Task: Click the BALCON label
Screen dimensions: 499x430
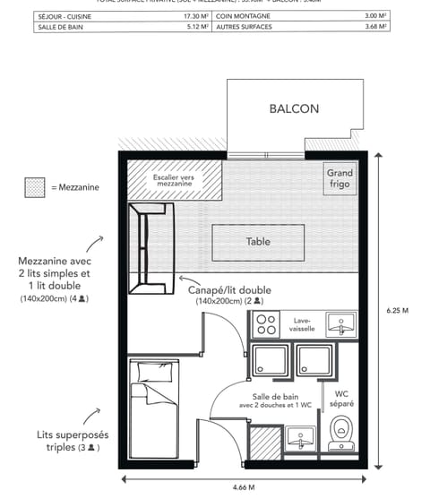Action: pyautogui.click(x=294, y=109)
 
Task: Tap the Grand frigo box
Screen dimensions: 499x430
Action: pyautogui.click(x=340, y=178)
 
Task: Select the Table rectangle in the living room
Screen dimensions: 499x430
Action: pyautogui.click(x=258, y=241)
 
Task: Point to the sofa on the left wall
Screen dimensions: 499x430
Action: pyautogui.click(x=148, y=248)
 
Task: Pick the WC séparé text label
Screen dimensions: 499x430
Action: pyautogui.click(x=342, y=398)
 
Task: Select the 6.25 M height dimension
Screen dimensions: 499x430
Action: pyautogui.click(x=398, y=311)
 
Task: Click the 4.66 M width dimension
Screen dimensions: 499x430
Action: pyautogui.click(x=244, y=487)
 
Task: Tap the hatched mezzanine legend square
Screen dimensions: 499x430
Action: pyautogui.click(x=35, y=188)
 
